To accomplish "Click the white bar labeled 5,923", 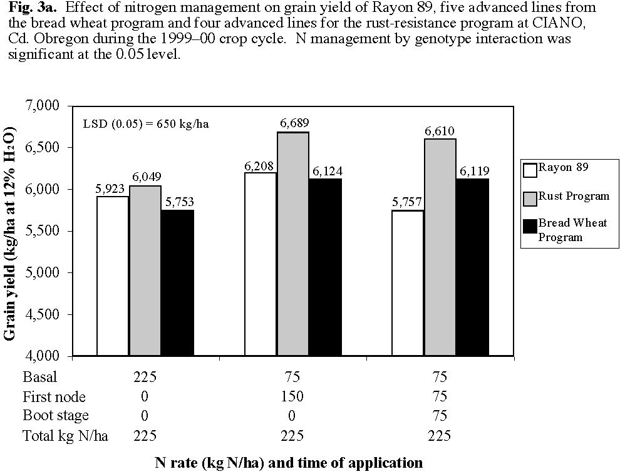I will click(x=113, y=276).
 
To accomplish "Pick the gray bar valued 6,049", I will click(x=145, y=270).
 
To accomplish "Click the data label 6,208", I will click(x=260, y=166).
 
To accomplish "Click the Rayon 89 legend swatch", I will click(x=530, y=169).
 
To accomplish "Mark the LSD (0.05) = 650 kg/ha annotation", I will click(x=146, y=123).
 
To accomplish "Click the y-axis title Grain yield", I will click(x=11, y=233).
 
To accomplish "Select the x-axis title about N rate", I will click(x=289, y=463).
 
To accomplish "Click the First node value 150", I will click(x=292, y=397).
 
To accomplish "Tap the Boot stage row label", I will click(x=56, y=416).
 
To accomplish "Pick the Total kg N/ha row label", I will click(x=65, y=436).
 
